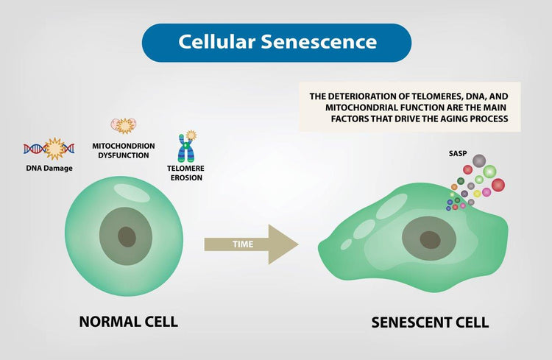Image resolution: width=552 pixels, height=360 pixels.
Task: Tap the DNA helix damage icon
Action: coord(49,149)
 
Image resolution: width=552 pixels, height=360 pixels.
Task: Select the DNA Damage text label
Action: coord(49,168)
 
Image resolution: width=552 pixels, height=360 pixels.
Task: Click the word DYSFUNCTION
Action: coord(123,155)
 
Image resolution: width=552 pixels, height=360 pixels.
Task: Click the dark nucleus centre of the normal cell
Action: coord(127,236)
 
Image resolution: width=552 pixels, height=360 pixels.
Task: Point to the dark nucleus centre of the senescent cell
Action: coord(430,239)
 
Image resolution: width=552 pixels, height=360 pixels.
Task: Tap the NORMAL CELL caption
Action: coord(128,322)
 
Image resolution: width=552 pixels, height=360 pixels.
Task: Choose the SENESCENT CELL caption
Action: coord(430,322)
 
